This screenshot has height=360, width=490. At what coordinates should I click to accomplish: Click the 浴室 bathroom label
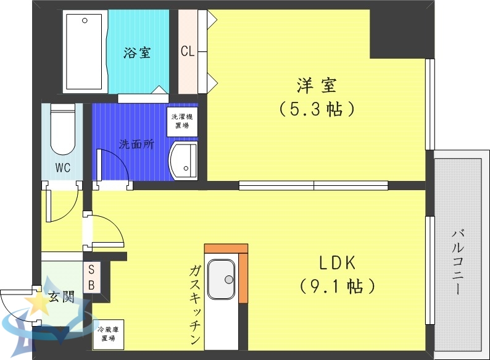point(136,52)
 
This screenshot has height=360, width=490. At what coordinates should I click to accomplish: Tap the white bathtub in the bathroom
point(85,51)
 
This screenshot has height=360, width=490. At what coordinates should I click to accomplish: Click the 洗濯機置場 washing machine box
point(181,120)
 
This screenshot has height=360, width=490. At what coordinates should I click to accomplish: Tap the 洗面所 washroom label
point(136,144)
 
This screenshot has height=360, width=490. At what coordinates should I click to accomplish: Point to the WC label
point(62,167)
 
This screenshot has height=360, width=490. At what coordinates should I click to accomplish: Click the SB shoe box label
point(91,277)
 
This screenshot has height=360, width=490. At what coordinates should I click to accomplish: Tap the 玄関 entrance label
point(61,297)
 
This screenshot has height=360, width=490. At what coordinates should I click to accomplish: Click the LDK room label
point(337,262)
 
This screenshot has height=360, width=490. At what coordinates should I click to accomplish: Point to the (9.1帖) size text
point(337,287)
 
